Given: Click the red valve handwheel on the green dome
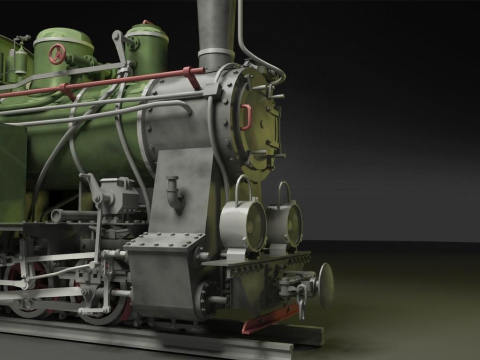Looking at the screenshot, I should pyautogui.click(x=57, y=54).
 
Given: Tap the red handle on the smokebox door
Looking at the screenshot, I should pyautogui.click(x=247, y=117).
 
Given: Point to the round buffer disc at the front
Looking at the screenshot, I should pyautogui.click(x=326, y=285).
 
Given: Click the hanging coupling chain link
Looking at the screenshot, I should pyautogui.click(x=302, y=300).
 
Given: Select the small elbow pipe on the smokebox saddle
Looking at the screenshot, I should pyautogui.click(x=174, y=193).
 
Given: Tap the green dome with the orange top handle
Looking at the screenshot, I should pyautogui.click(x=146, y=47).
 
